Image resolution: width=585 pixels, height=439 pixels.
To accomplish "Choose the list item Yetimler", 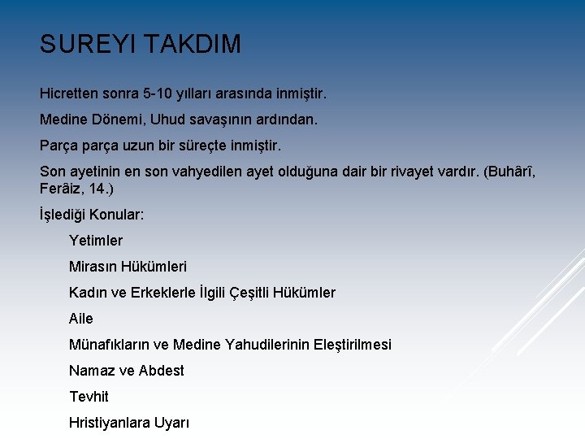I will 96,241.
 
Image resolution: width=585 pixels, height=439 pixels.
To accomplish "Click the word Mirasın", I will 95,267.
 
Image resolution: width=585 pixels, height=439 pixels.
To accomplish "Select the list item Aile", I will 81,319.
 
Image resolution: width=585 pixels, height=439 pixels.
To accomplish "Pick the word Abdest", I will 162,371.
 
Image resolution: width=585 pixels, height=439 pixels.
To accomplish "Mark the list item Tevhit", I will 89,397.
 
